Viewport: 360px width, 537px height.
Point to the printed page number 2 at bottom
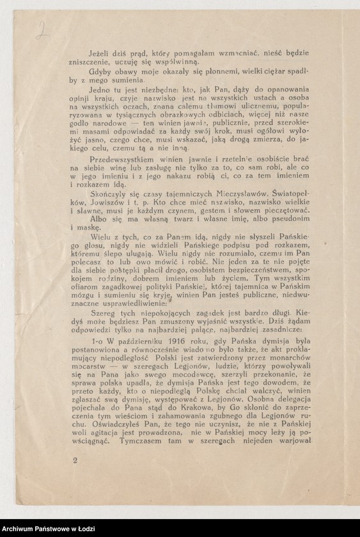pos(75,478)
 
